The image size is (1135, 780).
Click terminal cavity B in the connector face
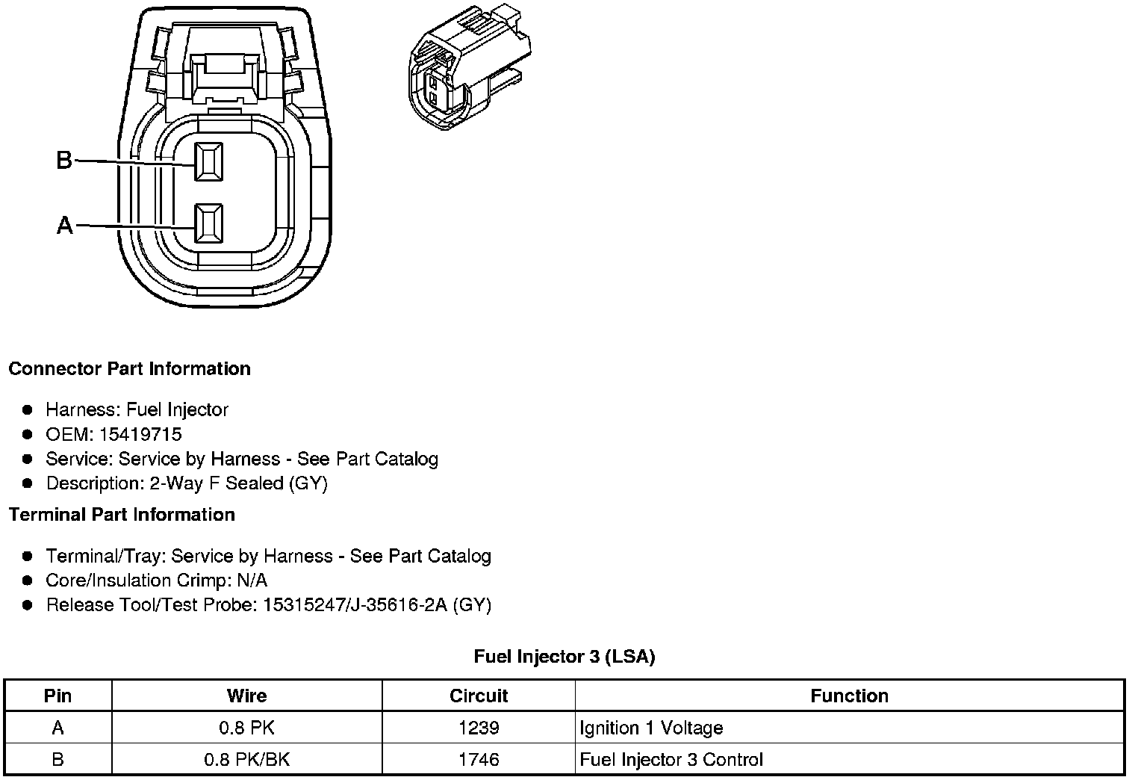tap(208, 161)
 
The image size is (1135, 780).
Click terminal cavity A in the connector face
tap(208, 223)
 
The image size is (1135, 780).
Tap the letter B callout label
tap(64, 160)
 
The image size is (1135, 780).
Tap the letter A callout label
tap(65, 225)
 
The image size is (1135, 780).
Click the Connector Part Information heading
tap(129, 369)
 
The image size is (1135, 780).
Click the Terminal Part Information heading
tap(122, 515)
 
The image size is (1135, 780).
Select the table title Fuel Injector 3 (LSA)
tap(565, 657)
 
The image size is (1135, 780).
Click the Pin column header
tap(57, 696)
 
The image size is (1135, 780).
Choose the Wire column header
tap(246, 696)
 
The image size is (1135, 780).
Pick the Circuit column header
tap(479, 696)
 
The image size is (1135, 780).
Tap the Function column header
tap(849, 696)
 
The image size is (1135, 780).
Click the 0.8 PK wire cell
tap(246, 728)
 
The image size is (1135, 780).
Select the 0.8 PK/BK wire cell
tap(246, 760)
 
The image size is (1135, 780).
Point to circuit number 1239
tap(479, 728)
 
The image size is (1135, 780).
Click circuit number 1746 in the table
tap(479, 760)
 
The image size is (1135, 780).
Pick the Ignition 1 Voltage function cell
tap(651, 728)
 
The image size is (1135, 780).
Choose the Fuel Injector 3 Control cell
tap(671, 760)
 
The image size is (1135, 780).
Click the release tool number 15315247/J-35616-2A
tap(355, 604)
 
